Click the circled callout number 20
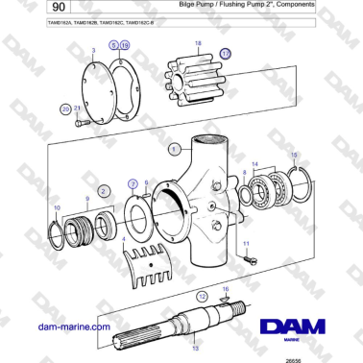[x=65, y=109]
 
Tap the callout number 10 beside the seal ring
[x=56, y=208]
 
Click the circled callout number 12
[x=202, y=297]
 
